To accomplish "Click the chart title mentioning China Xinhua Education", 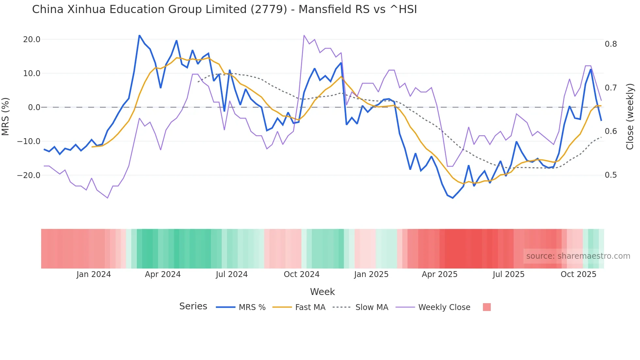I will (x=224, y=9).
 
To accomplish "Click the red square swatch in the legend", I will (x=487, y=307).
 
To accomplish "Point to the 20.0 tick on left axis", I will (x=32, y=40).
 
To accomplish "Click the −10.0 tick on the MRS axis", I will (x=29, y=141).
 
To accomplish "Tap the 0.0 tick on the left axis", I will (x=34, y=107).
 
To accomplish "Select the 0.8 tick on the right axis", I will (x=611, y=44).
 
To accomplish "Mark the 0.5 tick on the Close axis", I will (x=611, y=175).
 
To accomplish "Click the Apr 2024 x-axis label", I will (x=163, y=274).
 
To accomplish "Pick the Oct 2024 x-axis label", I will (x=301, y=274).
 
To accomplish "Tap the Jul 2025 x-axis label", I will (x=508, y=274).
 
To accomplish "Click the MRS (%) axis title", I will (x=6, y=116).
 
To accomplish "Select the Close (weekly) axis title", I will (x=630, y=116).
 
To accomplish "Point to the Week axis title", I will (x=322, y=292).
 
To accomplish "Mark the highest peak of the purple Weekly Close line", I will (x=304, y=35).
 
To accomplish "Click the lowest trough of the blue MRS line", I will (x=453, y=198).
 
